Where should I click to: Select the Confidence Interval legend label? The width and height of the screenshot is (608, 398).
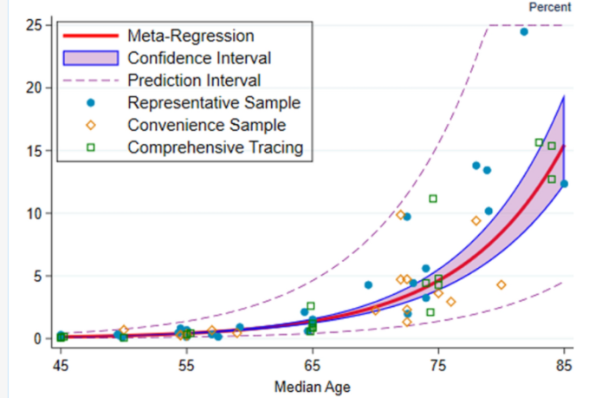[x=199, y=58]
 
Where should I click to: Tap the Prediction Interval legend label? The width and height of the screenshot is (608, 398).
[x=194, y=81]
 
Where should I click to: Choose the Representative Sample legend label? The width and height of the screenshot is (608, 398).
[x=214, y=103]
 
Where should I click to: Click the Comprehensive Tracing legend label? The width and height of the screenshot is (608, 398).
[x=215, y=147]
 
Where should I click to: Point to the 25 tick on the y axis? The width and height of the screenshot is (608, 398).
[x=36, y=24]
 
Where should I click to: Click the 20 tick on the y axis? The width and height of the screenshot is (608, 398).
[x=36, y=88]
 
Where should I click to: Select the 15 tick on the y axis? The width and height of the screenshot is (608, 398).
[x=36, y=150]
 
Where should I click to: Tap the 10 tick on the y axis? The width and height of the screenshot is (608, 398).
[x=36, y=212]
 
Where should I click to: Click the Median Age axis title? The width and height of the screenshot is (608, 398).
[x=312, y=387]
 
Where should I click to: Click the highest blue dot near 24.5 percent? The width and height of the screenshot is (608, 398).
[x=524, y=31]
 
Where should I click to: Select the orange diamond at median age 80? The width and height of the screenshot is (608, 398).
[x=501, y=284]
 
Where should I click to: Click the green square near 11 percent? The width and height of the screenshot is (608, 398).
[x=433, y=199]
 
